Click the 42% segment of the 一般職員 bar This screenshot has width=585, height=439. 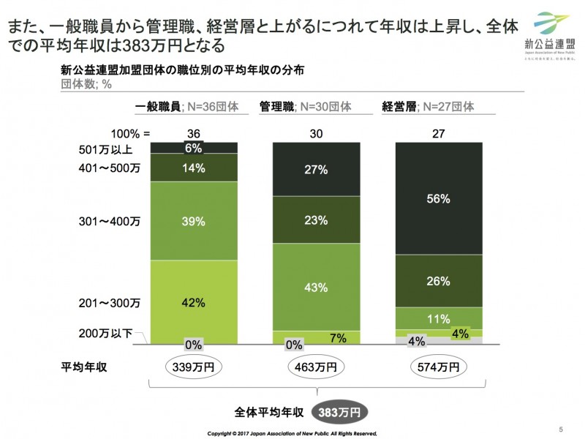(x=194, y=301)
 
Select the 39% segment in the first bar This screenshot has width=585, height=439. (x=194, y=220)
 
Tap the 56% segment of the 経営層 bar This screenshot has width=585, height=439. (x=439, y=198)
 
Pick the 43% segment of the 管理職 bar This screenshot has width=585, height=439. (x=317, y=288)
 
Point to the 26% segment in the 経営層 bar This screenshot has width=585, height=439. (x=439, y=280)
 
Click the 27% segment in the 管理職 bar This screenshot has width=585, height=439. (x=317, y=170)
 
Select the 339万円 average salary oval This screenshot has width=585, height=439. (x=194, y=366)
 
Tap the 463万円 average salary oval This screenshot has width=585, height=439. (x=317, y=366)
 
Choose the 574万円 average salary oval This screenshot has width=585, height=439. (x=439, y=366)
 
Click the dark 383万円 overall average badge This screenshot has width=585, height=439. (x=339, y=411)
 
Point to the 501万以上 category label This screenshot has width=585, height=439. (x=107, y=150)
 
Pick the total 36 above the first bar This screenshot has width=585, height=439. (x=194, y=134)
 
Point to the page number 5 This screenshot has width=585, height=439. (x=561, y=429)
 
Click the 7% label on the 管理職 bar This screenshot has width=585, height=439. (x=338, y=337)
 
